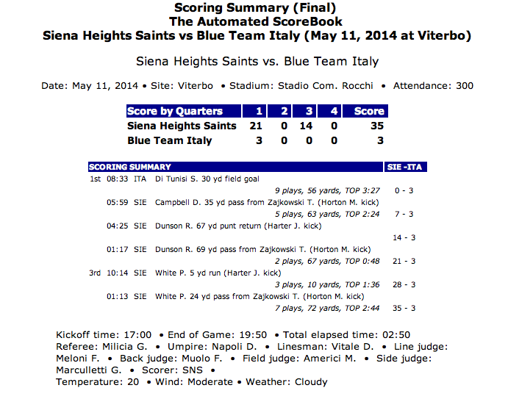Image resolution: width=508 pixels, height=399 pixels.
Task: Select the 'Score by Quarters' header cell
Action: pos(174,111)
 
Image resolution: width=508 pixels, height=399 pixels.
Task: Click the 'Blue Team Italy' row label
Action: pos(169,140)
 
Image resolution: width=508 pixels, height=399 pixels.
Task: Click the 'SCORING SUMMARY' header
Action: pos(130,167)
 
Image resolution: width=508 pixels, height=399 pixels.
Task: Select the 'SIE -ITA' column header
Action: pos(404,167)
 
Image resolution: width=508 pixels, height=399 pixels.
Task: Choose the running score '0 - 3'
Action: pos(404,190)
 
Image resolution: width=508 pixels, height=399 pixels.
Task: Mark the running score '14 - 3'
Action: pos(404,237)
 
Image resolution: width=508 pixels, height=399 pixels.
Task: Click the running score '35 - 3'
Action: pos(404,308)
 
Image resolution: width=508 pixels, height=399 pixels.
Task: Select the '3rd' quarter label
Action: pos(95,273)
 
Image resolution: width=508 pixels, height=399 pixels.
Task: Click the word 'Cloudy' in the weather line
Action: pos(311,382)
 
